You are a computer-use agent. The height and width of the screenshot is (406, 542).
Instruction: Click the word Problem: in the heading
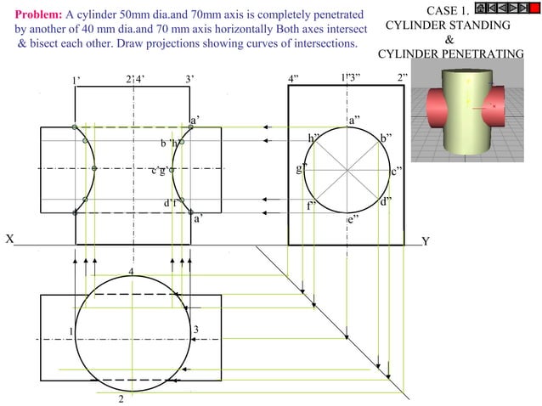[x=38, y=14]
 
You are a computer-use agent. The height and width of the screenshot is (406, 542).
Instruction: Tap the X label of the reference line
[x=9, y=240]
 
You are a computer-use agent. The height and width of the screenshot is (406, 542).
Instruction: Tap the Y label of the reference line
[x=426, y=241]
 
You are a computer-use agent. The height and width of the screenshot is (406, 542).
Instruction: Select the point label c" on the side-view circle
[x=397, y=172]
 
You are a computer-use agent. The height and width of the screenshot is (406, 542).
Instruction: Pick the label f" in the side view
[x=312, y=206]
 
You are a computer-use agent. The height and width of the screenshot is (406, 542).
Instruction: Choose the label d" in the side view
[x=386, y=201]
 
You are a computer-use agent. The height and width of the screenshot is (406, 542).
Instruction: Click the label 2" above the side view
[x=403, y=79]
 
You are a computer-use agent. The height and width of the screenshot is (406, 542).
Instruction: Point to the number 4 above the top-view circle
[x=131, y=271]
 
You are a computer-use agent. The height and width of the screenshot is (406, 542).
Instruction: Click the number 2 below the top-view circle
[x=121, y=398]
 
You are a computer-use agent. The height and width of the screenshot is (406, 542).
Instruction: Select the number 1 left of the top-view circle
[x=71, y=330]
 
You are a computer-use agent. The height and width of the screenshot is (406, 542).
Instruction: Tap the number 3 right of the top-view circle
[x=195, y=329]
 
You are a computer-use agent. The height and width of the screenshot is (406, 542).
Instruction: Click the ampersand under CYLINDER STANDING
[x=449, y=40]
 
